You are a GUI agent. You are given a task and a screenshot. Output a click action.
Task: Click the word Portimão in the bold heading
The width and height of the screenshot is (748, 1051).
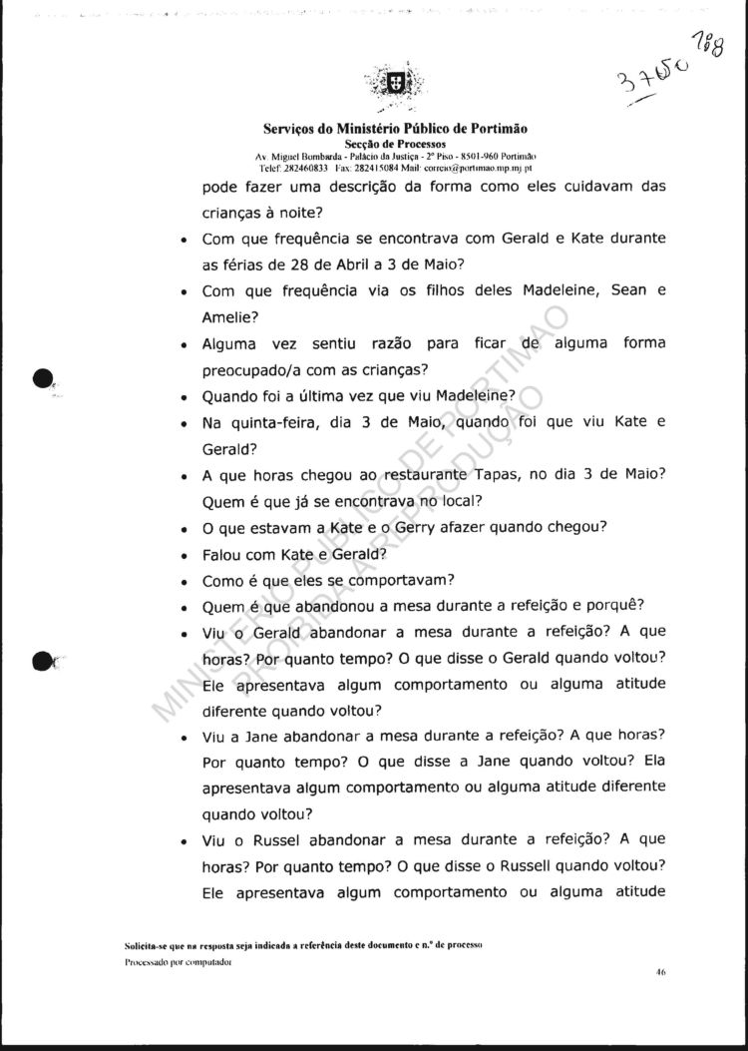click(498, 129)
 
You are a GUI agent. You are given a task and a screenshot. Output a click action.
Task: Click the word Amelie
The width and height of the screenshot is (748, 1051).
click(228, 316)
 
